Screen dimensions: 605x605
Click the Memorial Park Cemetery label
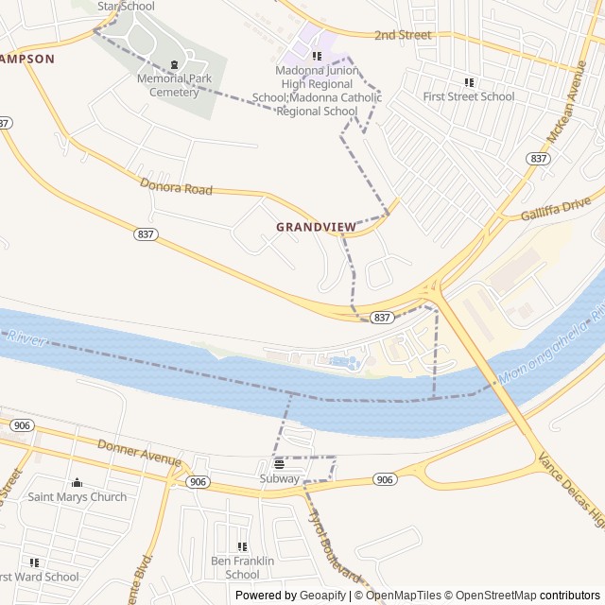(174, 85)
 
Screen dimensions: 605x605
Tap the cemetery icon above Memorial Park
(174, 65)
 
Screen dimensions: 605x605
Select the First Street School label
(469, 96)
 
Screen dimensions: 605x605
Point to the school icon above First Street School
(469, 82)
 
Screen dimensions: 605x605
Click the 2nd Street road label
(402, 35)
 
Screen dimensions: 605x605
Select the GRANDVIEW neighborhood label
(316, 227)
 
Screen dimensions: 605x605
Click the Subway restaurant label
(279, 478)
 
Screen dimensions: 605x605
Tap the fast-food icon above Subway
(279, 464)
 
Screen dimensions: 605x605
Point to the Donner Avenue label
(138, 452)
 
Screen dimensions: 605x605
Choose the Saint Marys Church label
(78, 496)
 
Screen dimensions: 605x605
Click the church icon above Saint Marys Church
(78, 483)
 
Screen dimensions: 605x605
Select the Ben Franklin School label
(242, 567)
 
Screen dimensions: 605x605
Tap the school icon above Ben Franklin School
(242, 546)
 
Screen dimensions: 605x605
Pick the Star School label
(126, 6)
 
